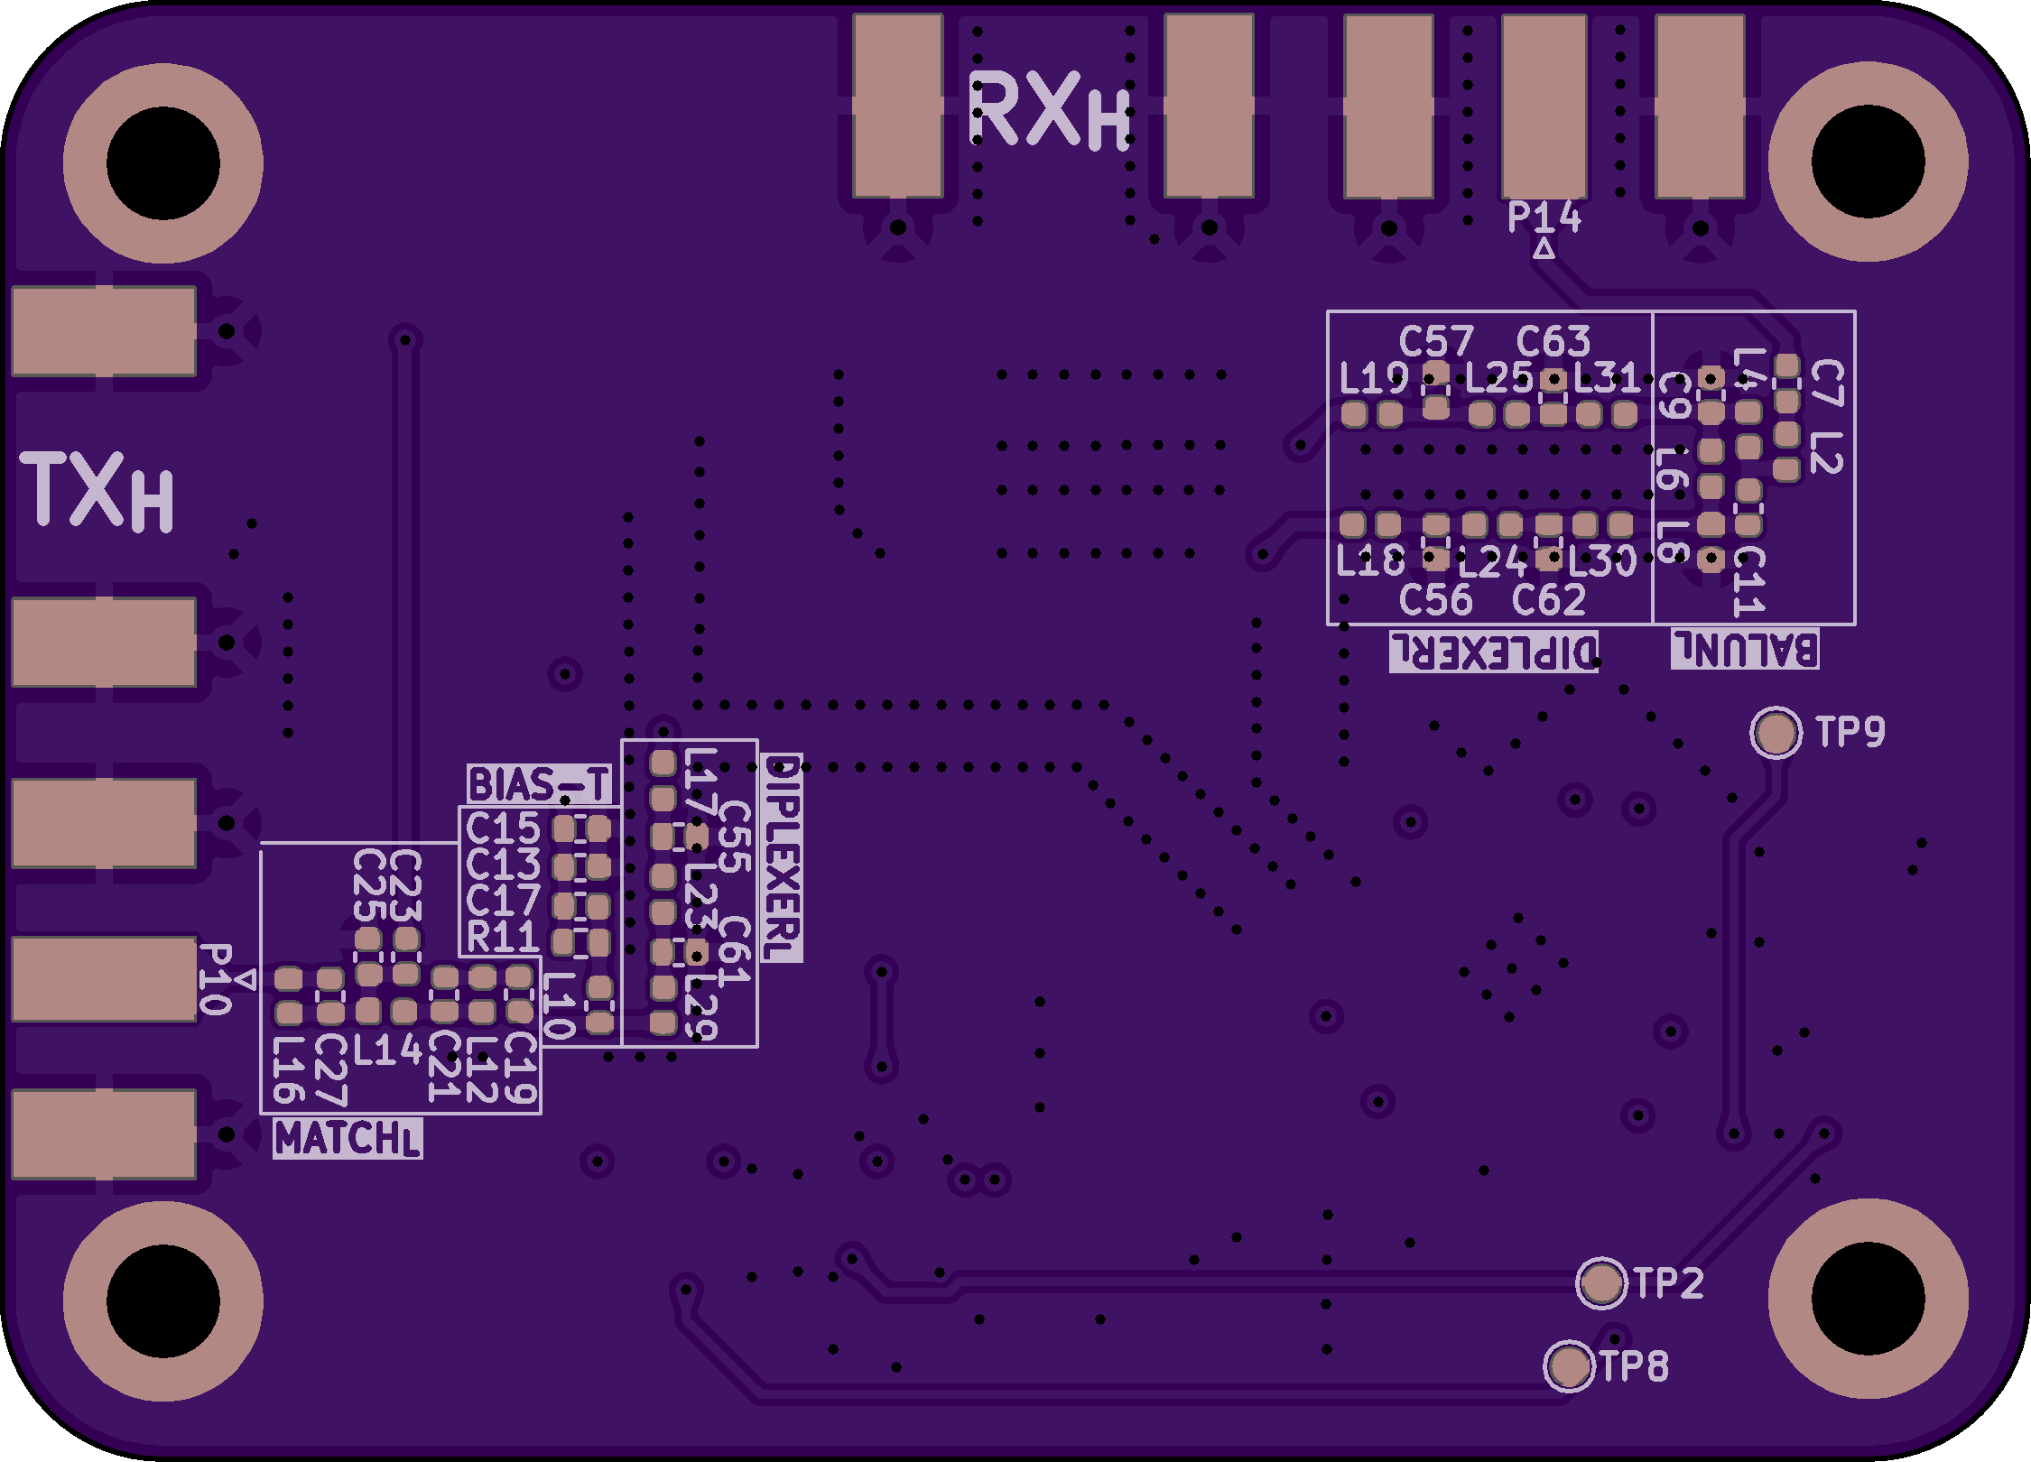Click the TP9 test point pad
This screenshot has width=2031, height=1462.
1776,732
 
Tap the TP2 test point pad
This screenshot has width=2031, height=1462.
1601,1282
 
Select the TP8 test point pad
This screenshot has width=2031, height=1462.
1569,1366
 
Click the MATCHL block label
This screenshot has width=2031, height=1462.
348,1139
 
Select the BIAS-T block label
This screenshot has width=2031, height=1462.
539,784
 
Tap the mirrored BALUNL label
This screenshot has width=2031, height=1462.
1744,649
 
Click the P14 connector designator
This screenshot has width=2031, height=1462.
1544,217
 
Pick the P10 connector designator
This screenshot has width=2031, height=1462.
215,979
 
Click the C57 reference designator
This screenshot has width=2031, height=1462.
1435,342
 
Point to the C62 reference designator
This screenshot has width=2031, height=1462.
1548,600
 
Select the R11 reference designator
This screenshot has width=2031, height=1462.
503,937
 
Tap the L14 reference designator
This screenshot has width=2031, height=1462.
387,1050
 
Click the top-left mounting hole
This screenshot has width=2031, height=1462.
162,163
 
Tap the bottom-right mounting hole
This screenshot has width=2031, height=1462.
1868,1300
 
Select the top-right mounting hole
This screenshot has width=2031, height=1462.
1868,163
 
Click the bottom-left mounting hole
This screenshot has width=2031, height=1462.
162,1300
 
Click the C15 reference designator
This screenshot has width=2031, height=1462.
503,828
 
